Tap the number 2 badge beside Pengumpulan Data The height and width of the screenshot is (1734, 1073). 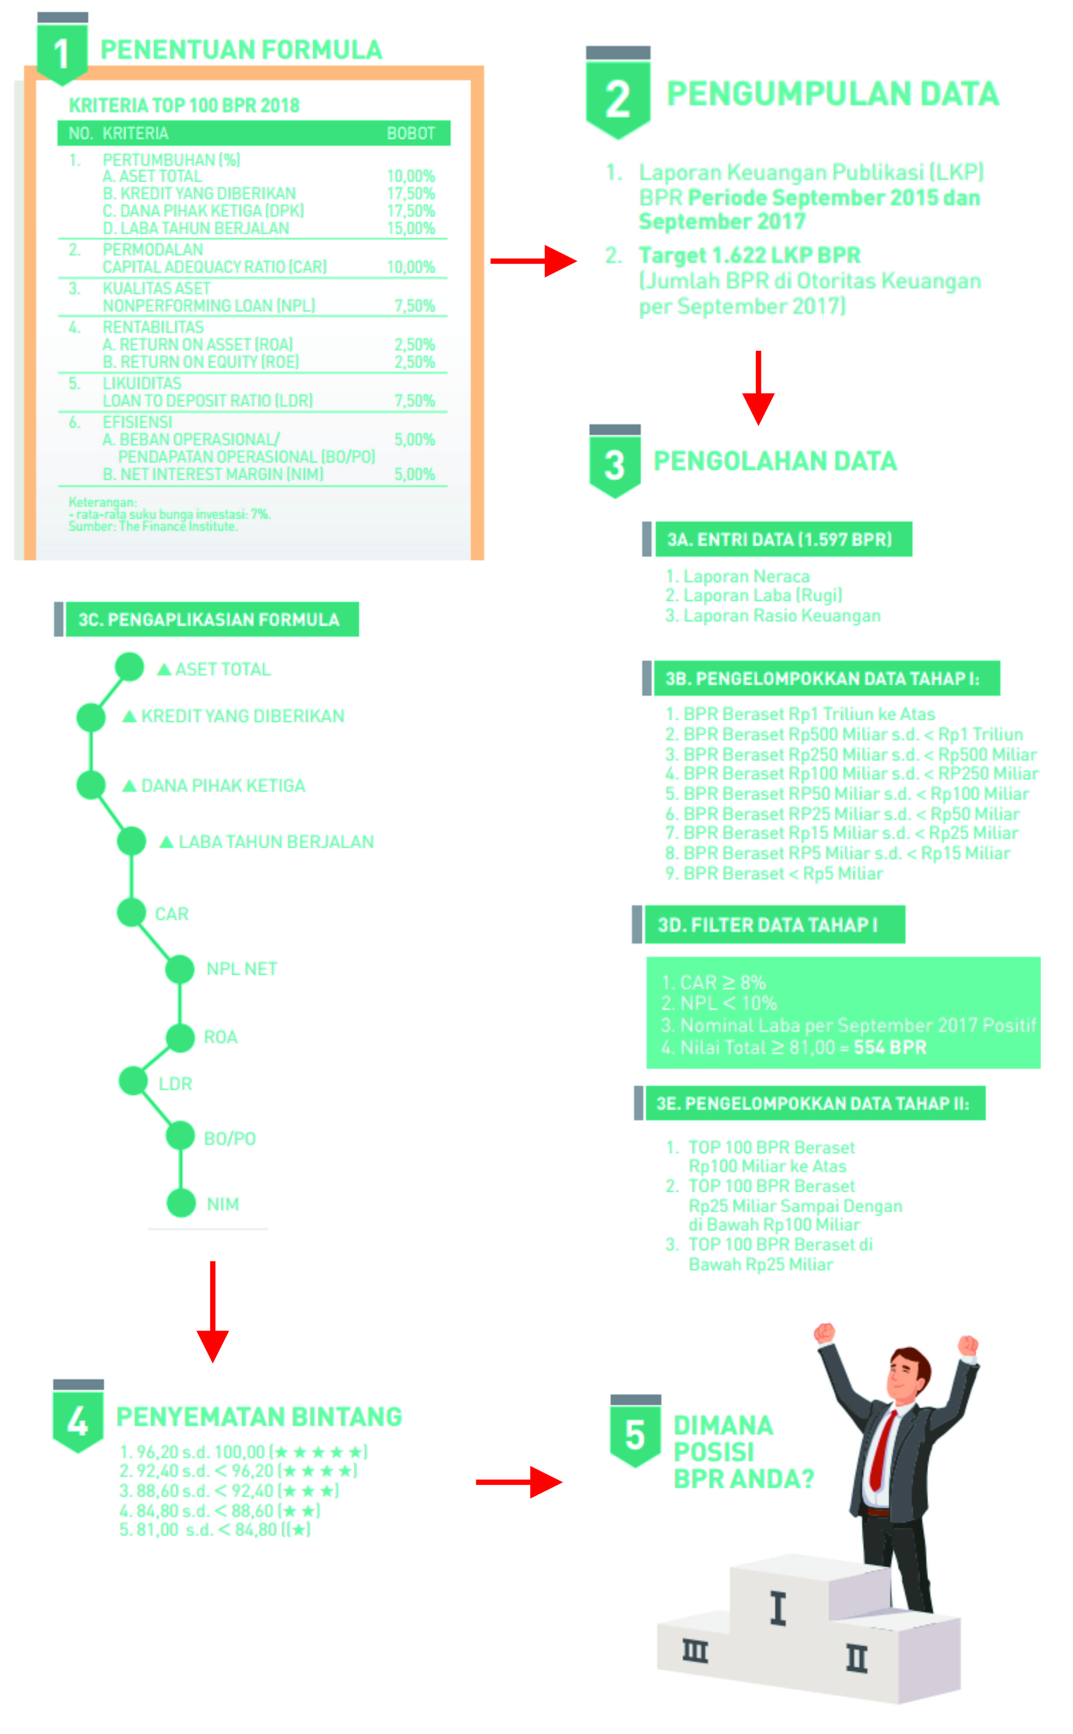[x=618, y=98]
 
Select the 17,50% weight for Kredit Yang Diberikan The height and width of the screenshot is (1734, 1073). [x=410, y=194]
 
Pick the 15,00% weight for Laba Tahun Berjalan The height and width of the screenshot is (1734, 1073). [x=410, y=228]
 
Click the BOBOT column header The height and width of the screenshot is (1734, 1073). [x=410, y=133]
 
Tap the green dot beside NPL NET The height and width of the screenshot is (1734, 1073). [x=179, y=969]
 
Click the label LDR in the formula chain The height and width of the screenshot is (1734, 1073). [x=175, y=1084]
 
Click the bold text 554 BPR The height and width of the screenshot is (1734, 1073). [x=890, y=1047]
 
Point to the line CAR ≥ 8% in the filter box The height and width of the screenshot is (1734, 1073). [x=713, y=982]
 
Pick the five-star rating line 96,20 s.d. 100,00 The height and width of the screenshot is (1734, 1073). [x=243, y=1451]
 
